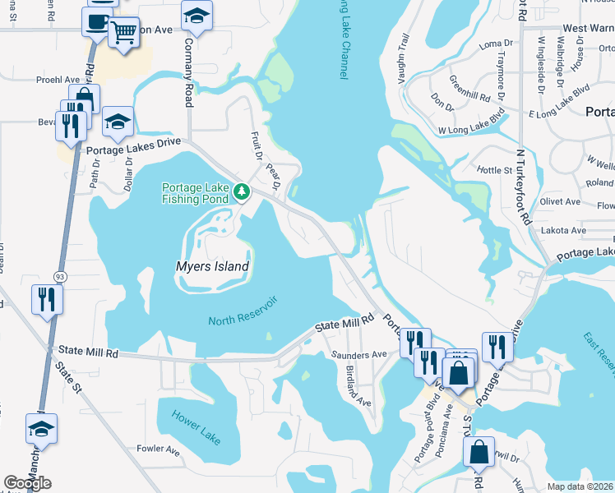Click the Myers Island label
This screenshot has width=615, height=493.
pyautogui.click(x=212, y=266)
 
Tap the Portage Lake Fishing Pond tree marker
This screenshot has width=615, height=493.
pyautogui.click(x=242, y=192)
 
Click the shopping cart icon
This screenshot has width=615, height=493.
pyautogui.click(x=123, y=33)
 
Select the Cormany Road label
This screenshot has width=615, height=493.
pyautogui.click(x=188, y=72)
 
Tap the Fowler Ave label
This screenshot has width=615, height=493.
pyautogui.click(x=158, y=449)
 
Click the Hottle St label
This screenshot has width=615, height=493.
pyautogui.click(x=494, y=169)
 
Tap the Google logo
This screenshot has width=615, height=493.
pyautogui.click(x=27, y=483)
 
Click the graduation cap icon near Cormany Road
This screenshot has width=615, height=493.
pyautogui.click(x=197, y=16)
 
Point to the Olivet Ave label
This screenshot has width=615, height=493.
pyautogui.click(x=561, y=201)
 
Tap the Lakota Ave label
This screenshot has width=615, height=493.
pyautogui.click(x=563, y=231)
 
